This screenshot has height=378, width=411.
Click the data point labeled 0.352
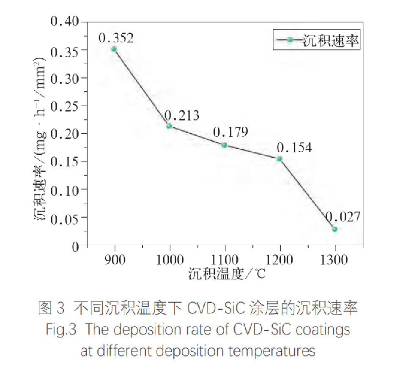(114, 49)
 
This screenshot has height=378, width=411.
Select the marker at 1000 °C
(169, 126)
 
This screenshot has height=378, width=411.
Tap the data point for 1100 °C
(224, 145)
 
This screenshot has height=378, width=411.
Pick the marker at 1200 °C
(279, 159)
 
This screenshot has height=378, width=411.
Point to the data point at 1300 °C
(335, 229)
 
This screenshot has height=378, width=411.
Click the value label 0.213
(182, 115)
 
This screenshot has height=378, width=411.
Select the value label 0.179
(230, 132)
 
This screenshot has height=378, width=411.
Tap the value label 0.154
(294, 148)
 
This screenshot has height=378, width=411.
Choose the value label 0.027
(343, 217)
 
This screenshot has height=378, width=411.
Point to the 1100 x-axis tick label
(224, 259)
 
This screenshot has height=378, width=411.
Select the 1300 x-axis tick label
(335, 259)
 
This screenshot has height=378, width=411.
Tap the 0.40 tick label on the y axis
(67, 22)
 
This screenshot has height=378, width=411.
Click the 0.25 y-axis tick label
(67, 105)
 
